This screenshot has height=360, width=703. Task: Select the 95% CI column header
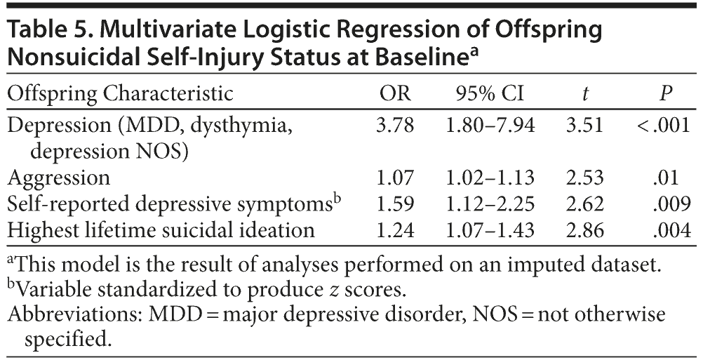[491, 95]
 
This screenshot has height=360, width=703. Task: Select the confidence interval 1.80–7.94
[491, 126]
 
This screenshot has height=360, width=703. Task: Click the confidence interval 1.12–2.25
[491, 203]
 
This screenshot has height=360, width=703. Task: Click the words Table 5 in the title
[45, 30]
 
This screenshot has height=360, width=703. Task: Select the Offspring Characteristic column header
[120, 95]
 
